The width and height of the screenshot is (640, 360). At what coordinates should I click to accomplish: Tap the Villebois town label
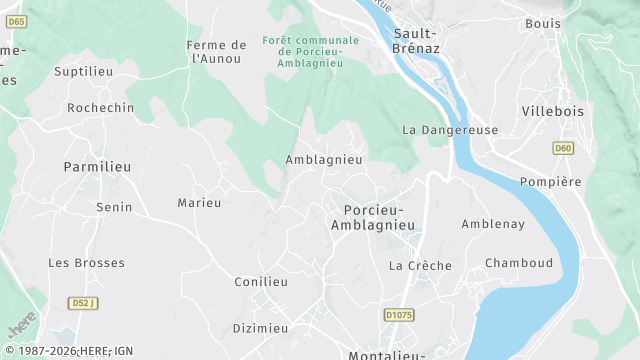click(552, 111)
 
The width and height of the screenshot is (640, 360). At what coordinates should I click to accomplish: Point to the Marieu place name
click(199, 203)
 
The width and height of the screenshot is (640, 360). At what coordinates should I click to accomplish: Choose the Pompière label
click(550, 181)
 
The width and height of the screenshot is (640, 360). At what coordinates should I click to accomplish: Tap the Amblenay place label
click(493, 224)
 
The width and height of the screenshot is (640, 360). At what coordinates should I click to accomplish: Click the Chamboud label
click(519, 263)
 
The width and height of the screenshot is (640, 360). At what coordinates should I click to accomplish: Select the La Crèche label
click(420, 265)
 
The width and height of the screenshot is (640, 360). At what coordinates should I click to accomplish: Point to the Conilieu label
click(261, 282)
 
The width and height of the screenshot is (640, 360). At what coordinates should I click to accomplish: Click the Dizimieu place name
click(260, 328)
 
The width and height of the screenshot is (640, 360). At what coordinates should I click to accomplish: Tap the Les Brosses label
click(87, 263)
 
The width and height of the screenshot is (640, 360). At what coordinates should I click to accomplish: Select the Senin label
click(113, 207)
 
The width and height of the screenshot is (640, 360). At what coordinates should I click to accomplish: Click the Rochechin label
click(100, 107)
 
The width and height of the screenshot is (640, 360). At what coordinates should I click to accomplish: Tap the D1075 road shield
click(399, 315)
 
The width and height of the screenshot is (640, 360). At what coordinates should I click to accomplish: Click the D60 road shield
click(563, 148)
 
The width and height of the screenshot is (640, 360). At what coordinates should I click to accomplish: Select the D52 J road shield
click(85, 302)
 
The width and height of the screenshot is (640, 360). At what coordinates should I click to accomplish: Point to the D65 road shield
click(17, 21)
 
